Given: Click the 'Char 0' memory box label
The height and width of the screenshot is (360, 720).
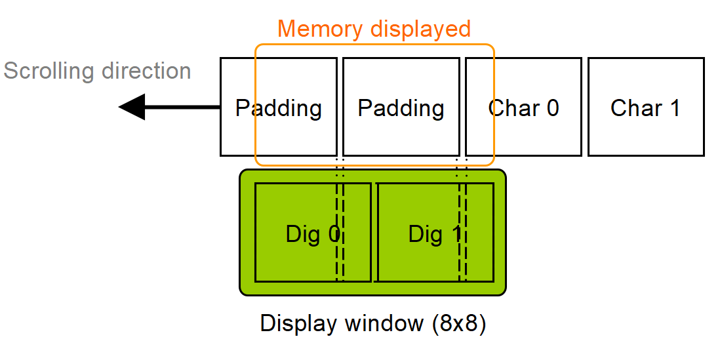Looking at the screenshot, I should [523, 108].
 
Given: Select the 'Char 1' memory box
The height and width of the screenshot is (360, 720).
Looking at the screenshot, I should [646, 107].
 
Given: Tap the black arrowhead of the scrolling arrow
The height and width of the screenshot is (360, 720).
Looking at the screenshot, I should [132, 107].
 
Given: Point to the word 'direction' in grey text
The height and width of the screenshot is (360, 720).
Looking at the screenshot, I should [144, 70].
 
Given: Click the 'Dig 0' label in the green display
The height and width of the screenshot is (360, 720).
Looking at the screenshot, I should [313, 234].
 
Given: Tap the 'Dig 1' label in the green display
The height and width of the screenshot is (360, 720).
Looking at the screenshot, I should [435, 234].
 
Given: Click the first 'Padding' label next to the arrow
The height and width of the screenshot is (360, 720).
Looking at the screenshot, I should [279, 108].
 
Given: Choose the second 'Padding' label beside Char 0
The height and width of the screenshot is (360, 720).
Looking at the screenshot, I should [401, 108].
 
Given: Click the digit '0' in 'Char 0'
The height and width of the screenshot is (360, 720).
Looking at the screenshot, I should [552, 108].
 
